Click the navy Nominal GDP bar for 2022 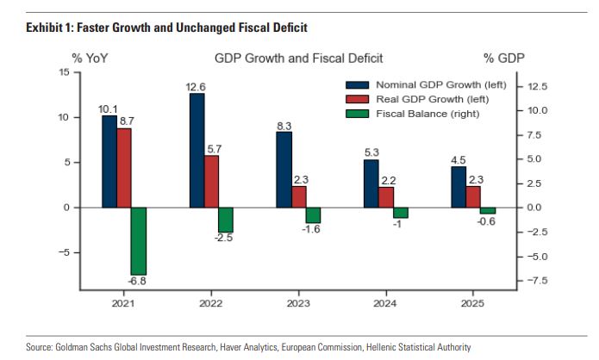click(x=197, y=150)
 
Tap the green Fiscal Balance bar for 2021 click(x=139, y=241)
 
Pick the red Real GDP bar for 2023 click(x=298, y=196)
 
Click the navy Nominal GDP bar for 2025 click(x=459, y=187)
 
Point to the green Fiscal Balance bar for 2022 click(x=226, y=220)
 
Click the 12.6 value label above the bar click(x=197, y=86)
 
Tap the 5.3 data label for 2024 click(x=371, y=153)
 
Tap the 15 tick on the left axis click(x=65, y=72)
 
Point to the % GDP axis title click(x=503, y=58)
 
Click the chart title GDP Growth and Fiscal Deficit click(x=298, y=58)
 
